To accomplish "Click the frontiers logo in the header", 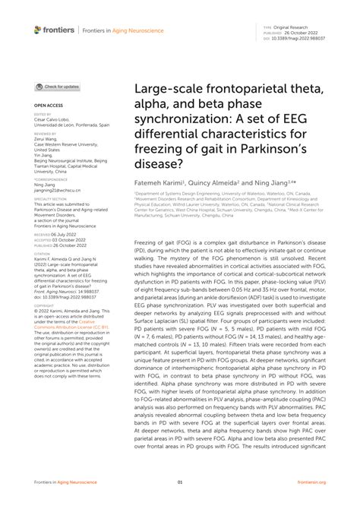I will point(55,30).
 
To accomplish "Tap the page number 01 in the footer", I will point(180,482).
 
